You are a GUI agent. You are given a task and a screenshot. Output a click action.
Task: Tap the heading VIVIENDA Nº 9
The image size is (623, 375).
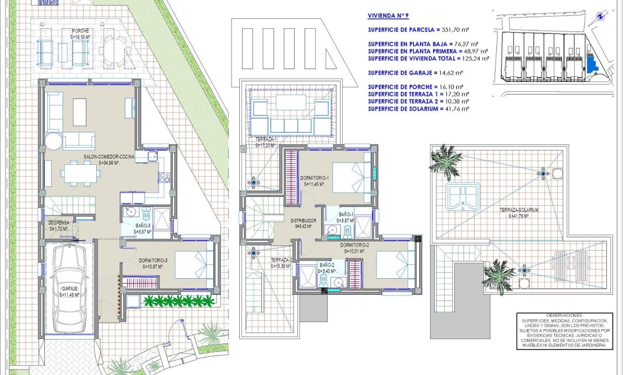[388, 17]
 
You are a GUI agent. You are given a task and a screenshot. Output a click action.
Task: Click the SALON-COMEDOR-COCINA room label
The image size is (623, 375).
[109, 157]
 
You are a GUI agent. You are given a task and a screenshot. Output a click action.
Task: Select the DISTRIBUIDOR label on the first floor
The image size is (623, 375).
[303, 221]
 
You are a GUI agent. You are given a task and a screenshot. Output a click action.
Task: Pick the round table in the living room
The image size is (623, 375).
[54, 140]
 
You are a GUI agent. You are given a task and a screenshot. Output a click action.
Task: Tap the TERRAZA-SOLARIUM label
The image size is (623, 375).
[519, 210]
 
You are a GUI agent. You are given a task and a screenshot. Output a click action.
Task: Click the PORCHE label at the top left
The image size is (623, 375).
[80, 31]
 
